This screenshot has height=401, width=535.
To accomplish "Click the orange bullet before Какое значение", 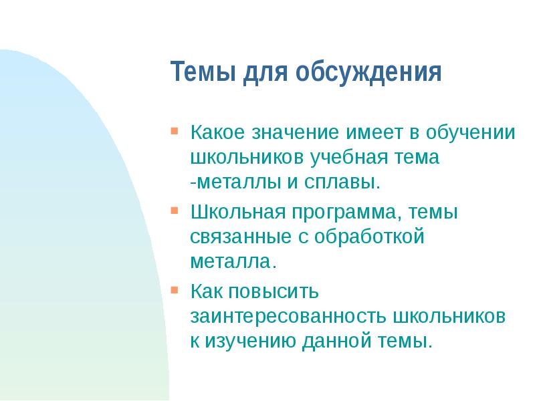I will pyautogui.click(x=175, y=129).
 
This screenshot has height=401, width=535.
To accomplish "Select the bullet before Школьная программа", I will pyautogui.click(x=175, y=211).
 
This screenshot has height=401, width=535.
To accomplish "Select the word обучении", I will pyautogui.click(x=471, y=132).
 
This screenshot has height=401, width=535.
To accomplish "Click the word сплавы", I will pyautogui.click(x=345, y=181).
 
